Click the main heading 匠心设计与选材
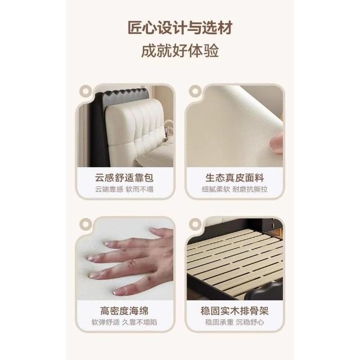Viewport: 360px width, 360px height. click(180, 28)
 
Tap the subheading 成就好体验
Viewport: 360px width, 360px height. click(180, 51)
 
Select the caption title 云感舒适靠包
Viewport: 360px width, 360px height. click(124, 178)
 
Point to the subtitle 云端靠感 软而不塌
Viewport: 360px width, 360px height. click(124, 190)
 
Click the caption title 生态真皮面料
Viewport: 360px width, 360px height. click(235, 178)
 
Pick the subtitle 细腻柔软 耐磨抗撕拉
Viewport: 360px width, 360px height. click(235, 190)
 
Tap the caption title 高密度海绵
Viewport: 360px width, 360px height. click(124, 311)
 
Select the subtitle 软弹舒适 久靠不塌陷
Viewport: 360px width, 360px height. click(124, 322)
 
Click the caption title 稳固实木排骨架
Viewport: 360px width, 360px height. click(235, 311)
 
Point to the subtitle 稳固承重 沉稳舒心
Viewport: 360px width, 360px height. click(235, 322)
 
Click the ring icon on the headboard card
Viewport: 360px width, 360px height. click(85, 91)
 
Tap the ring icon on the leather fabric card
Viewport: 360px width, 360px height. click(195, 91)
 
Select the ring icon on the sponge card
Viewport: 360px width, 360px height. click(85, 224)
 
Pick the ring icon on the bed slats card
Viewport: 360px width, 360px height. click(195, 224)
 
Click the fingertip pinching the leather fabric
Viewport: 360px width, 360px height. click(277, 143)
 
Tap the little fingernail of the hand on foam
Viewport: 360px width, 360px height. click(119, 292)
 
